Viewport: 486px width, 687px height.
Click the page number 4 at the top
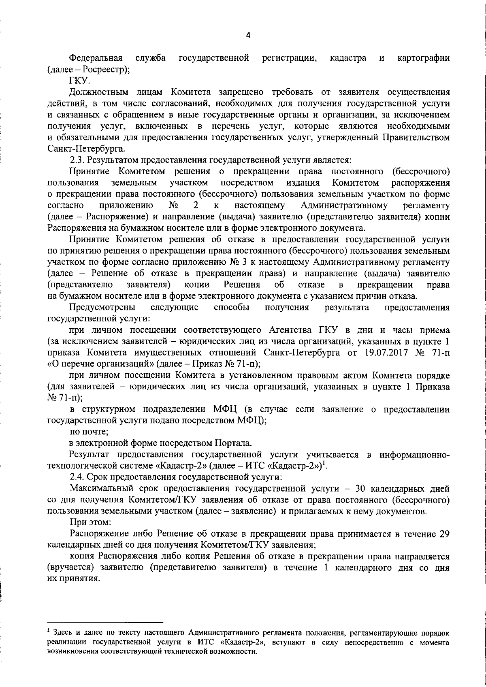[x=248, y=35]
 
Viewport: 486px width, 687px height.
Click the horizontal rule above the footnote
[x=105, y=621]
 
